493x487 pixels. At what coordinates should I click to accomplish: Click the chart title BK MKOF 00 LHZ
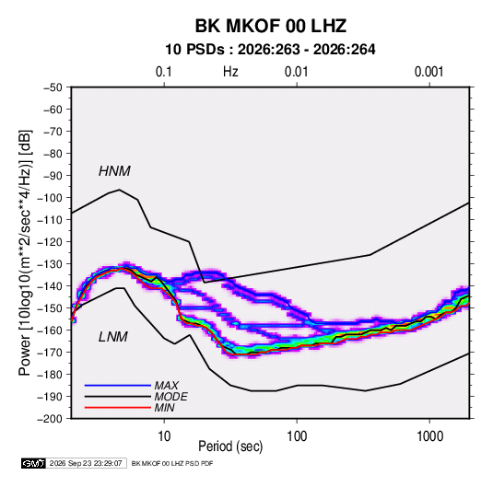[271, 26]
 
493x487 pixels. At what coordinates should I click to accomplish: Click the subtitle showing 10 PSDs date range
[270, 50]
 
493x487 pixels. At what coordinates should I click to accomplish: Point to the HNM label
[114, 171]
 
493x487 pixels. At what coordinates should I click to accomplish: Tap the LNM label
[113, 337]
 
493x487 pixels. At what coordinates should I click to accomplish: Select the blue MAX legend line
[118, 386]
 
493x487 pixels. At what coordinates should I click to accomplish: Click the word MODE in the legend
[170, 397]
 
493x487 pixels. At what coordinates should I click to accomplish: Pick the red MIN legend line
[118, 408]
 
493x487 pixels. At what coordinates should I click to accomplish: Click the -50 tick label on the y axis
[53, 87]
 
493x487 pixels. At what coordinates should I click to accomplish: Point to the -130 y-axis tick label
[50, 264]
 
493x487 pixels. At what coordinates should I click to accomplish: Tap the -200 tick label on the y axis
[50, 419]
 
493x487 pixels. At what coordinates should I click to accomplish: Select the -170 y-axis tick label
[50, 353]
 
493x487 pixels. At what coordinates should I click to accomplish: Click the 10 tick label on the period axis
[164, 436]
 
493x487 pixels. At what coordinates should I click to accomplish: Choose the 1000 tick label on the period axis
[429, 436]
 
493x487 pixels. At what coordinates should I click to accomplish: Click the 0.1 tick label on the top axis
[164, 72]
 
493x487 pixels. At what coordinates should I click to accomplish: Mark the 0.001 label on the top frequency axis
[428, 72]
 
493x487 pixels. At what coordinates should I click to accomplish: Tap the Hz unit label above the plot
[230, 72]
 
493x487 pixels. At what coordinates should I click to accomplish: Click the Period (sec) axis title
[230, 446]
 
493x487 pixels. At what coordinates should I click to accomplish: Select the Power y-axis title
[25, 252]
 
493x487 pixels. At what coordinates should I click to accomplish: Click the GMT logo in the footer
[34, 463]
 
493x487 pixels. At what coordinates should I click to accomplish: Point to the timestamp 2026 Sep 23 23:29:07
[86, 463]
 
